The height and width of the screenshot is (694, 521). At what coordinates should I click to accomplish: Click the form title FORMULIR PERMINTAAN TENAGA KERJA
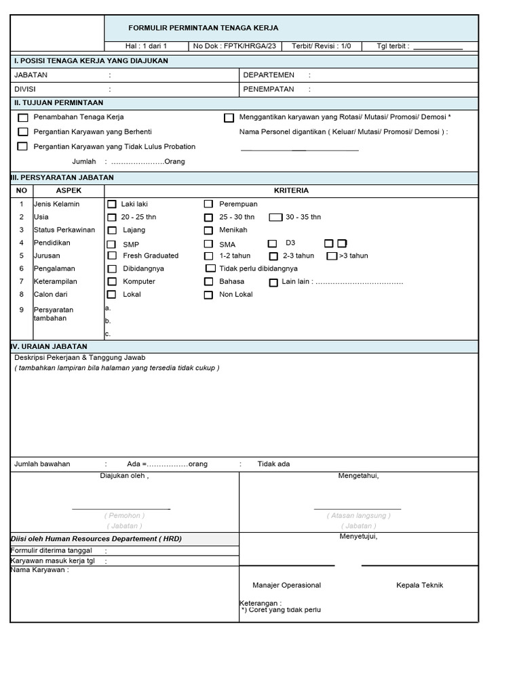204,28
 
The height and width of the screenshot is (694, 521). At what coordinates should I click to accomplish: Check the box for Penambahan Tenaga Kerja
23,118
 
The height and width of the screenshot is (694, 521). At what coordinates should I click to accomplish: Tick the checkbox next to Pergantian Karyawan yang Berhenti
23,131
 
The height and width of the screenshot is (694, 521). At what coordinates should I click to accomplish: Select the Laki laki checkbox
112,204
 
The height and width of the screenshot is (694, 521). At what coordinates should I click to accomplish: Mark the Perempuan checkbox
208,204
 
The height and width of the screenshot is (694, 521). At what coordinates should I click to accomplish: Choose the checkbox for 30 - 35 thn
275,218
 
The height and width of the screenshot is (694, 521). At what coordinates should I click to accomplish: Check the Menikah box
208,230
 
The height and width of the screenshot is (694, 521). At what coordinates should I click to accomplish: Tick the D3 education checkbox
272,243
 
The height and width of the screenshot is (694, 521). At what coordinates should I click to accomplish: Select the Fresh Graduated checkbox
112,256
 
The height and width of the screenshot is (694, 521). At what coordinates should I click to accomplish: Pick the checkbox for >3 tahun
332,256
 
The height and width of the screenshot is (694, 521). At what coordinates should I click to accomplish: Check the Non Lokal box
208,295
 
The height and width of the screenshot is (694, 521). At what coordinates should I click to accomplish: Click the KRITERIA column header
291,190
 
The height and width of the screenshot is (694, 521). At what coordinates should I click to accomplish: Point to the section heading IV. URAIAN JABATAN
50,346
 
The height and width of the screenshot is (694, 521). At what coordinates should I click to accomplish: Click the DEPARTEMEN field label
269,75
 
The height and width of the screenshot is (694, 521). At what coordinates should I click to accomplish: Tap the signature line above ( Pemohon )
121,508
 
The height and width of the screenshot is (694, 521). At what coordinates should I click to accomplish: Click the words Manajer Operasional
286,585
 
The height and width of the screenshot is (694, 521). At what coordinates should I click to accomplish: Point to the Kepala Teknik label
420,585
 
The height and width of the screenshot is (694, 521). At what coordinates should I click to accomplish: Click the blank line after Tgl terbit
438,47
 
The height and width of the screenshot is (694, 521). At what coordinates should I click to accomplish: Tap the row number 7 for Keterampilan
22,281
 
